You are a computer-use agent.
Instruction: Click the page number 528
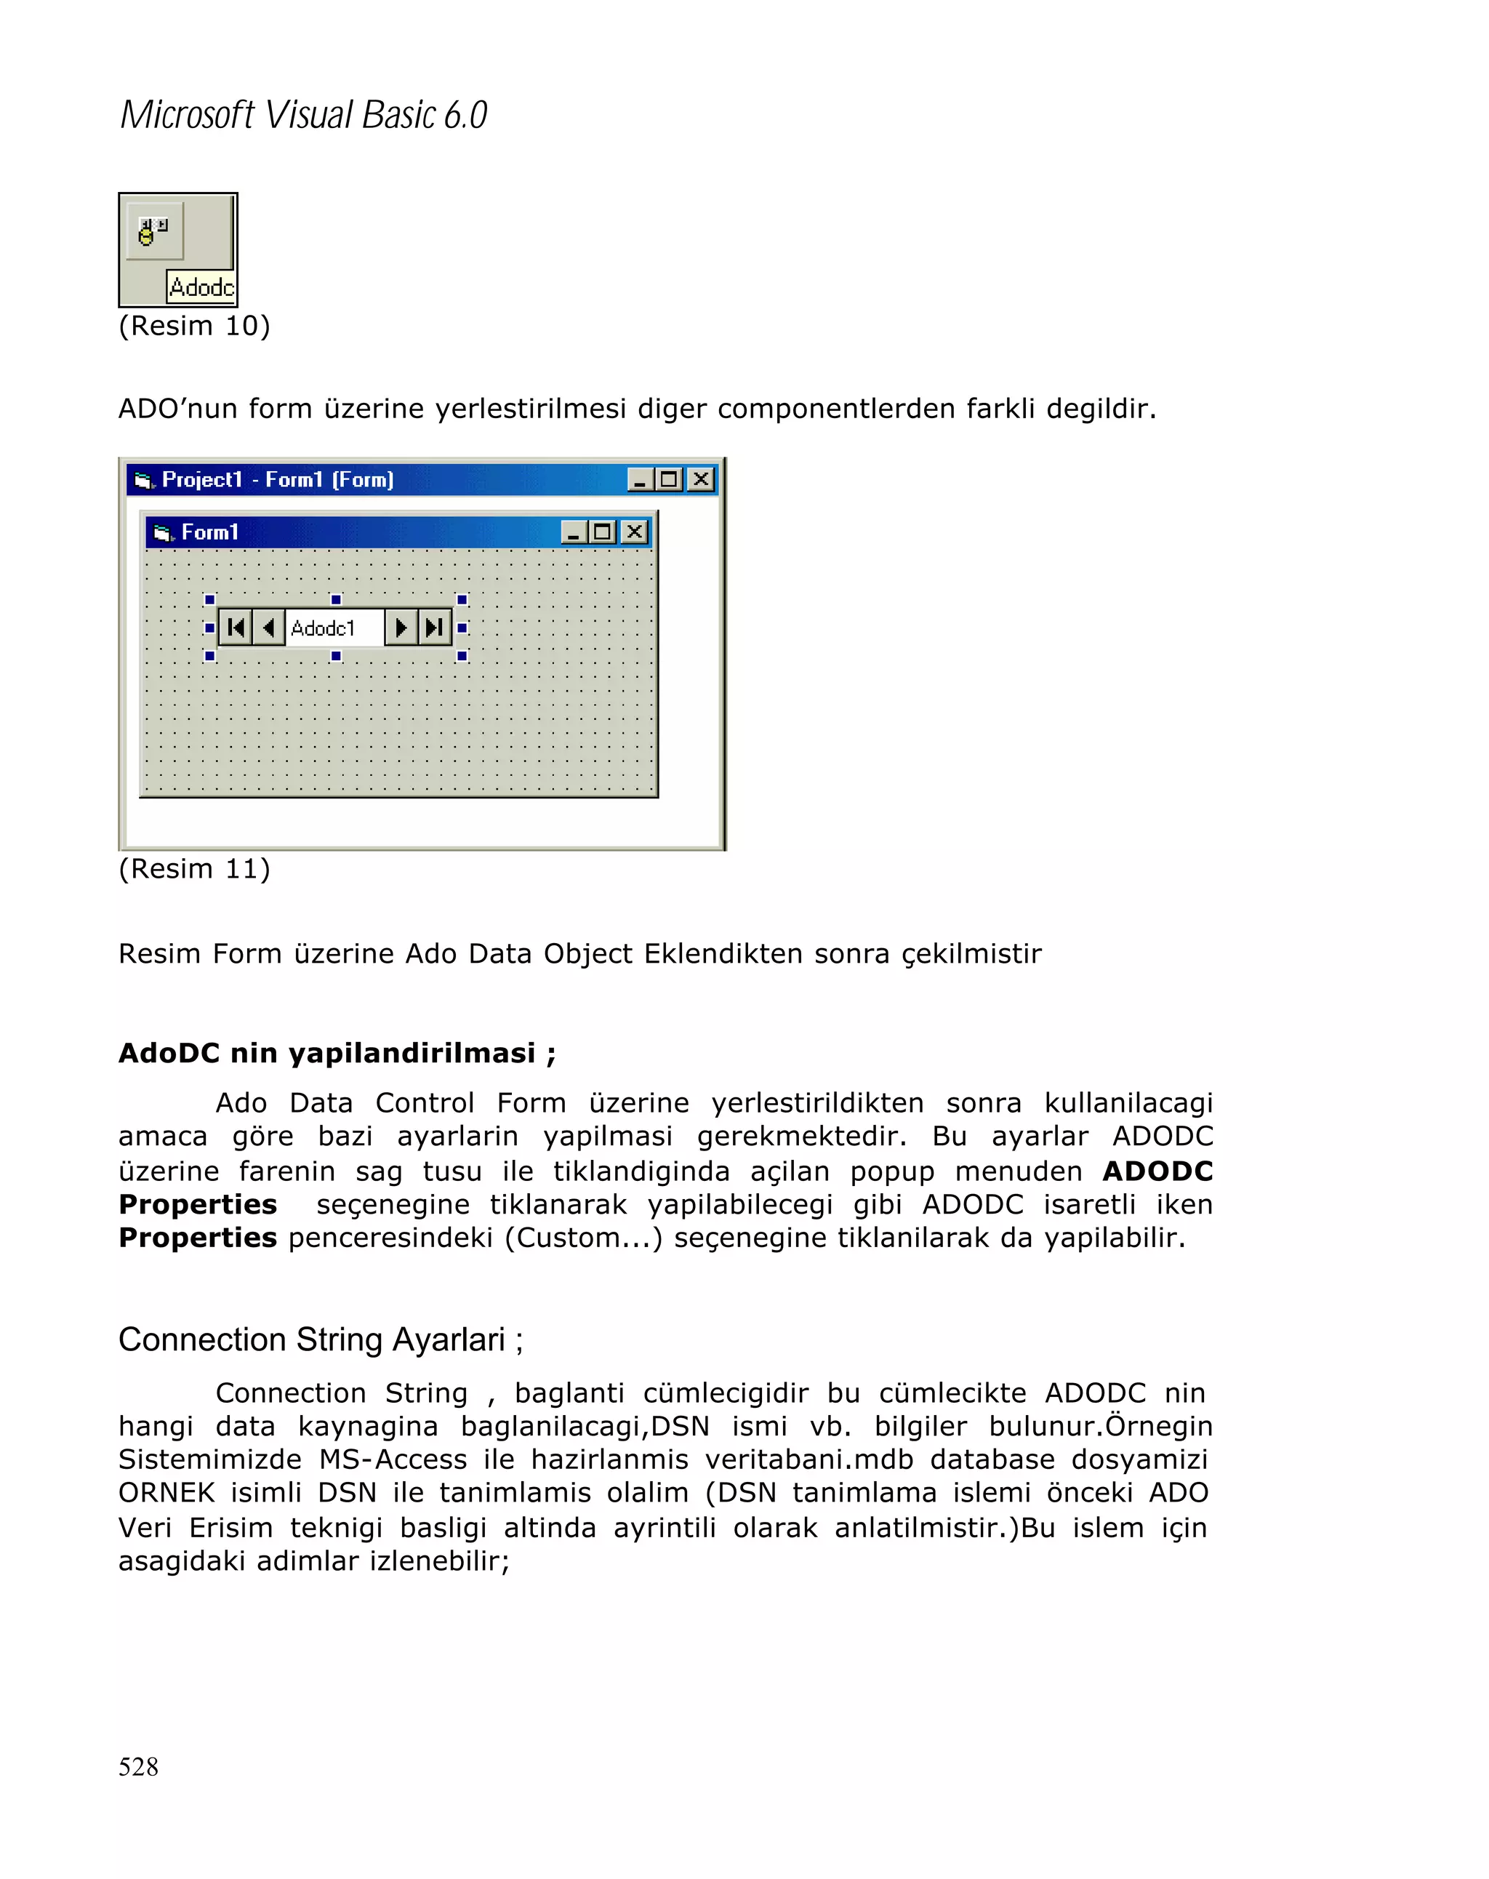137,1766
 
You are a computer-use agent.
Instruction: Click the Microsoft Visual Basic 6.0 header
303,115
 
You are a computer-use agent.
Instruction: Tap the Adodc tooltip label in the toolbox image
201,287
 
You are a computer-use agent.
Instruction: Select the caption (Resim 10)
194,326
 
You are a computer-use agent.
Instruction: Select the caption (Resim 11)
194,869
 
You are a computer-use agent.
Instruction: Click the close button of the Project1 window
700,479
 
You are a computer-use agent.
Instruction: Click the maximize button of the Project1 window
669,479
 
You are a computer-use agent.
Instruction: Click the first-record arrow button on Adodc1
236,628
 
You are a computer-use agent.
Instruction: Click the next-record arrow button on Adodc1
401,628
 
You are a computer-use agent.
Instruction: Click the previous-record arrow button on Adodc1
268,628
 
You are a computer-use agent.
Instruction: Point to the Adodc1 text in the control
322,628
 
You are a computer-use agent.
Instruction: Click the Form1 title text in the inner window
209,532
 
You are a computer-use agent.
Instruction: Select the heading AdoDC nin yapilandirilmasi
337,1053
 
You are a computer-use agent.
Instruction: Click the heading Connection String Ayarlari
320,1339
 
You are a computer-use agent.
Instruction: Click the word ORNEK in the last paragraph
166,1493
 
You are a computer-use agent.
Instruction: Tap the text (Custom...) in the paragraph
584,1238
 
